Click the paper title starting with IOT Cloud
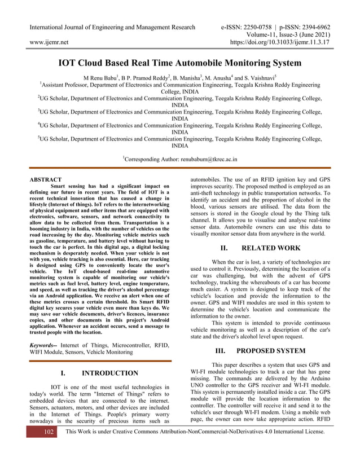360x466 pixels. [x=180, y=63]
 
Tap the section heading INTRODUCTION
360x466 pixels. [x=109, y=373]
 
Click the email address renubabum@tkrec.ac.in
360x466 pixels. [x=209, y=159]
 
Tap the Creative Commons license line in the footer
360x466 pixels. [x=195, y=447]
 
